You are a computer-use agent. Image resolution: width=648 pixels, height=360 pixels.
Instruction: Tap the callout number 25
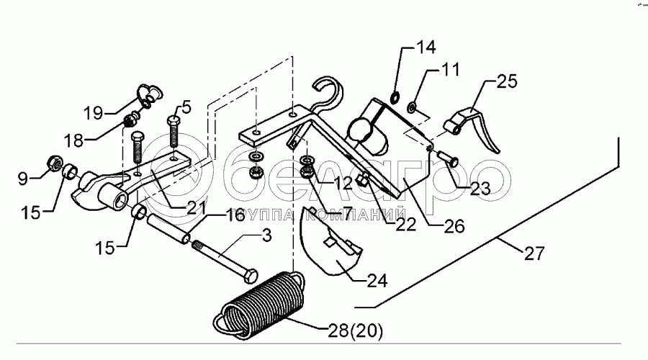[x=507, y=83]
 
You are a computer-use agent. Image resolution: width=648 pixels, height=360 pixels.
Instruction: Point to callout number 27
[x=534, y=253]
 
